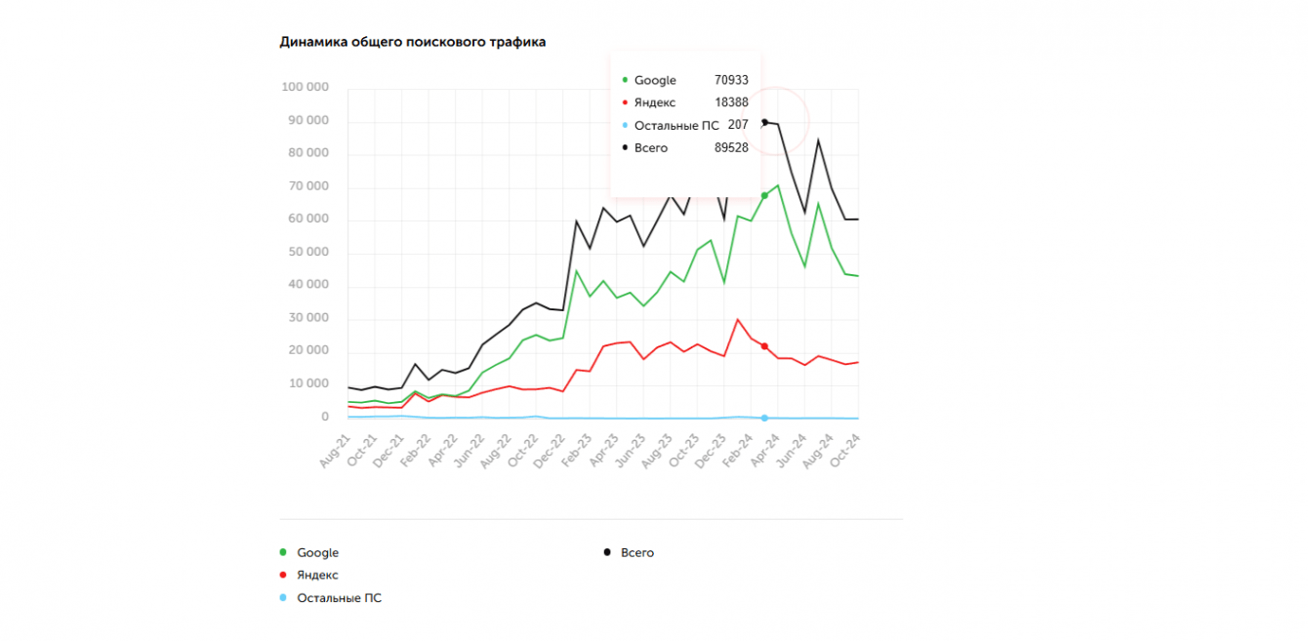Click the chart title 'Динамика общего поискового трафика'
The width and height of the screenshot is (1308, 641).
tap(412, 42)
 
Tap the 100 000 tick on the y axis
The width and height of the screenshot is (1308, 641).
tap(305, 88)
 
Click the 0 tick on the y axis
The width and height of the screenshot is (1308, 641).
tap(324, 417)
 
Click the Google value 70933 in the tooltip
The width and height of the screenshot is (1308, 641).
tap(731, 80)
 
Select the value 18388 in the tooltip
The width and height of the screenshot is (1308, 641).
tap(731, 102)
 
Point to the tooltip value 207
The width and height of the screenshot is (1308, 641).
tap(738, 125)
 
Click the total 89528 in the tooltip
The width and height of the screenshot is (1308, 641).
tap(731, 147)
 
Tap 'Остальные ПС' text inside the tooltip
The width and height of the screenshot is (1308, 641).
tap(676, 125)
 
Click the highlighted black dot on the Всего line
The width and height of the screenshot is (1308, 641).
tap(764, 122)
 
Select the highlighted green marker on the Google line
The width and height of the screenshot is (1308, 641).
tap(764, 196)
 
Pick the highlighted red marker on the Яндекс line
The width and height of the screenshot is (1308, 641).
tap(764, 346)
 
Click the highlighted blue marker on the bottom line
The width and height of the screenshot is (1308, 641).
tap(764, 418)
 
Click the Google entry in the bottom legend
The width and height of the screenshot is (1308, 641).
tap(317, 553)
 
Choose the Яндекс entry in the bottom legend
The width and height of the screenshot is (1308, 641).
tap(317, 576)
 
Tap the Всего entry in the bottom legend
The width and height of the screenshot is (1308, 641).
tap(636, 553)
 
